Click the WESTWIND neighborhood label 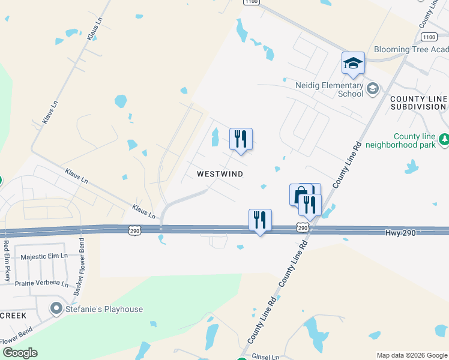(x=220, y=174)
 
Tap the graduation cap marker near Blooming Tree (x=353, y=63)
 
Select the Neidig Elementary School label (x=329, y=89)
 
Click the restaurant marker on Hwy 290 (x=260, y=220)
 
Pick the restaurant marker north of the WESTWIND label (x=241, y=139)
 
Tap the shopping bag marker (x=300, y=194)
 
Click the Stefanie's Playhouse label (x=105, y=309)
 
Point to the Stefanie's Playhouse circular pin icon (x=57, y=309)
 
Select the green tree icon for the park (x=444, y=140)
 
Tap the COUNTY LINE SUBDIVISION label (x=418, y=103)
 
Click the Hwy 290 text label (x=402, y=232)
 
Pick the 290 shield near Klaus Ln (x=134, y=230)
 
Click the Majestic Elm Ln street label (x=44, y=257)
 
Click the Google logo (x=20, y=353)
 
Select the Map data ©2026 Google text (x=411, y=355)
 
